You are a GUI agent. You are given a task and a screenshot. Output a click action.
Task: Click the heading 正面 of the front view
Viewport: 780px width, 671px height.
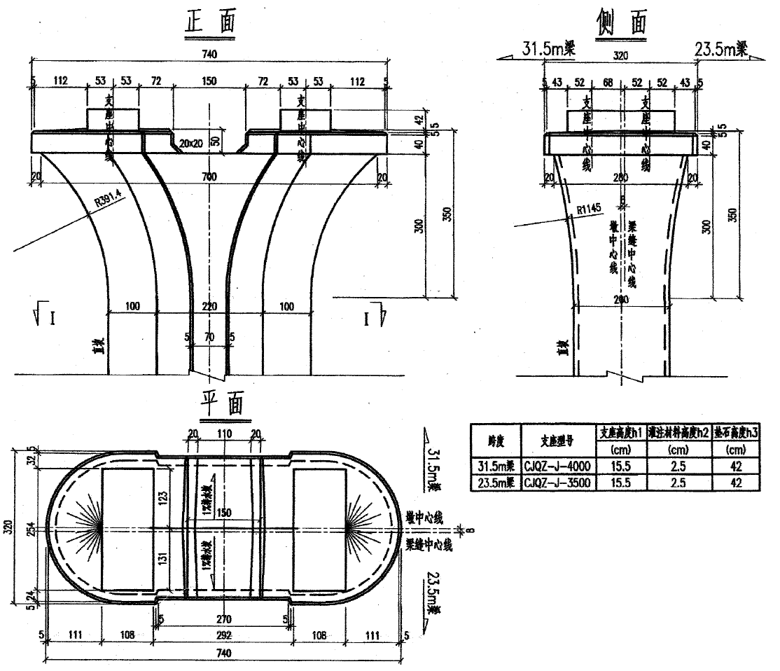click(x=209, y=23)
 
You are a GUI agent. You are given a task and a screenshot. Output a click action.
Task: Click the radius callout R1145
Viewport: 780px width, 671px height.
click(x=590, y=209)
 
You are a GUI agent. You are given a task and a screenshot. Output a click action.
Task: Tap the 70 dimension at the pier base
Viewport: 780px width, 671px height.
click(x=209, y=337)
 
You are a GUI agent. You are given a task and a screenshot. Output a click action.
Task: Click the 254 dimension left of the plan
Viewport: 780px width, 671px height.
click(x=30, y=530)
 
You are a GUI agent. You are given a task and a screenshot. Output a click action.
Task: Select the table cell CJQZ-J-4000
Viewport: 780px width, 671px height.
click(x=558, y=467)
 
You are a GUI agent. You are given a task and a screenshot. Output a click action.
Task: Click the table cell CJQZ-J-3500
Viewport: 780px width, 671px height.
click(x=558, y=482)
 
